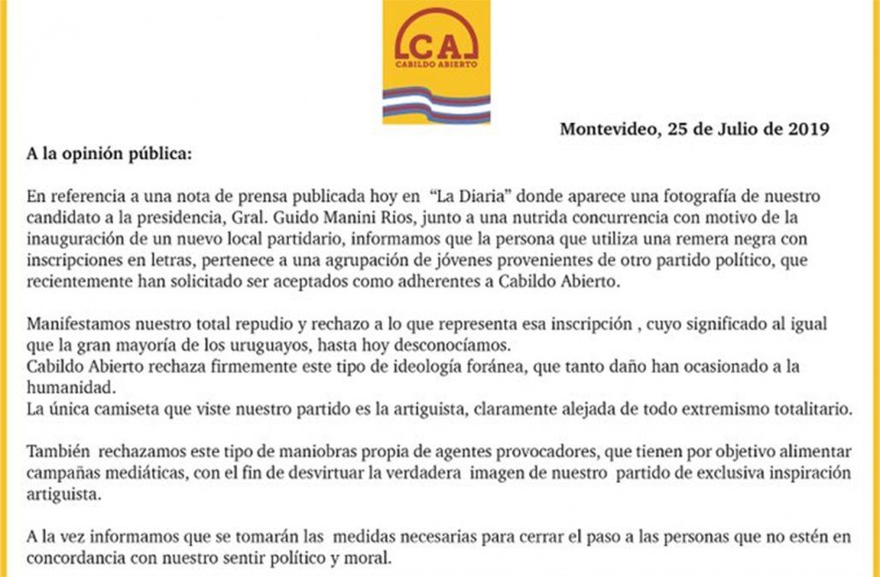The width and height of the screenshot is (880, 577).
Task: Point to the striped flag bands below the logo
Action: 436,105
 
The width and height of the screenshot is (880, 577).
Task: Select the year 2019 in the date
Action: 809,129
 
